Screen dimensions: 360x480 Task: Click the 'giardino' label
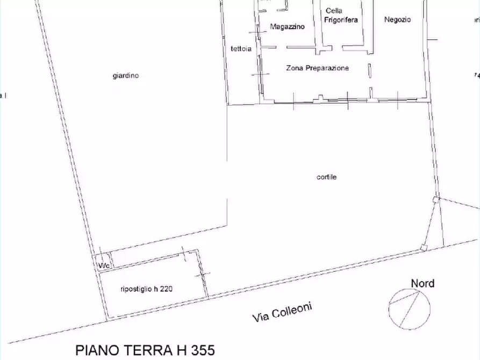pyautogui.click(x=125, y=76)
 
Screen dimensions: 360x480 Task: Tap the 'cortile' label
pyautogui.click(x=326, y=177)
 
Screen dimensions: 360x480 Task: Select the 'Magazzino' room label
pyautogui.click(x=287, y=26)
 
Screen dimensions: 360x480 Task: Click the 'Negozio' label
pyautogui.click(x=398, y=20)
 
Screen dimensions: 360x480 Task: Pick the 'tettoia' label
pyautogui.click(x=241, y=49)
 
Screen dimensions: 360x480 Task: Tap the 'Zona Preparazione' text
pyautogui.click(x=317, y=68)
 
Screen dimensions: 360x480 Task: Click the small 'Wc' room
pyautogui.click(x=103, y=265)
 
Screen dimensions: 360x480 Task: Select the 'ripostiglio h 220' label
pyautogui.click(x=146, y=289)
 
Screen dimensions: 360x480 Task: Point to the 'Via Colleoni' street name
pyautogui.click(x=282, y=312)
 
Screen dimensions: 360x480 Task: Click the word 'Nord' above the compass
pyautogui.click(x=422, y=283)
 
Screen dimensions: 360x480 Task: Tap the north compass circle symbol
pyautogui.click(x=410, y=308)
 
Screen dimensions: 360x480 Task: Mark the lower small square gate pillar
pyautogui.click(x=424, y=248)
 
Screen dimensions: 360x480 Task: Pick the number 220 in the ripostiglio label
pyautogui.click(x=166, y=289)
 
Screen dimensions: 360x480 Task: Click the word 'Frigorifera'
pyautogui.click(x=341, y=20)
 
